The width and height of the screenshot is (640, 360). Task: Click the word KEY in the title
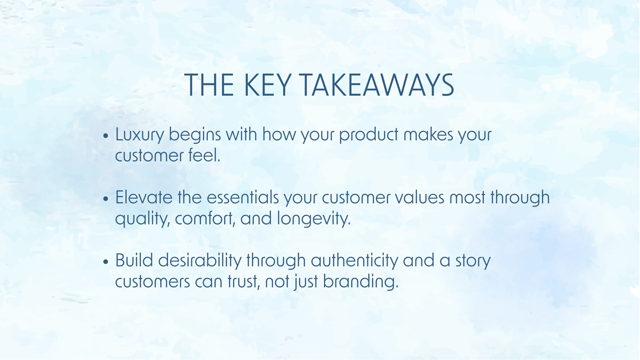pyautogui.click(x=268, y=85)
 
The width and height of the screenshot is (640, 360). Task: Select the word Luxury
pyautogui.click(x=139, y=135)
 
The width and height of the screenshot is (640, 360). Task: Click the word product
pyautogui.click(x=369, y=134)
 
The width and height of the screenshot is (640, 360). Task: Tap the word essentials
pyautogui.click(x=243, y=197)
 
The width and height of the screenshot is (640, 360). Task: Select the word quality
pyautogui.click(x=142, y=219)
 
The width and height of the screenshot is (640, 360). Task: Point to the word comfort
pyautogui.click(x=205, y=219)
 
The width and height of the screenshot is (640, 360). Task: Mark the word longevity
pyautogui.click(x=314, y=219)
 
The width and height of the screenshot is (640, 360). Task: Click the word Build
pyautogui.click(x=134, y=260)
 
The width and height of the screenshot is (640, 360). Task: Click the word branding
pyautogui.click(x=361, y=282)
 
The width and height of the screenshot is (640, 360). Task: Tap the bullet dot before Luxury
pyautogui.click(x=106, y=135)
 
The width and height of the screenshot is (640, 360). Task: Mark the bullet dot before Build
pyautogui.click(x=106, y=261)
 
